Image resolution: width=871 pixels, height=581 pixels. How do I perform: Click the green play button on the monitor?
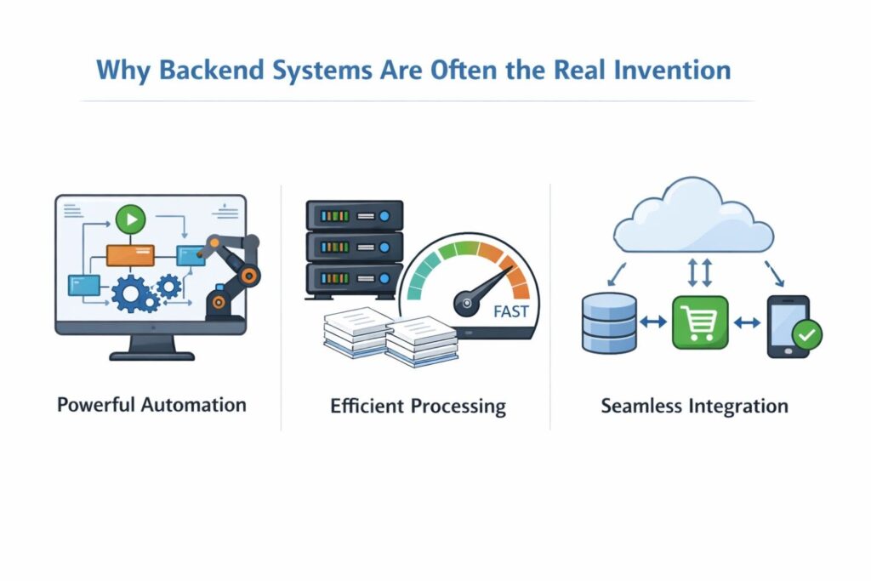click(x=130, y=220)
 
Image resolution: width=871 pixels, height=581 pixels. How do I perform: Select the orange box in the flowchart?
click(x=130, y=254)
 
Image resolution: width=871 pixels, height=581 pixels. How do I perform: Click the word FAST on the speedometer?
click(x=510, y=311)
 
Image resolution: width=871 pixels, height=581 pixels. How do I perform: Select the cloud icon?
click(x=692, y=216)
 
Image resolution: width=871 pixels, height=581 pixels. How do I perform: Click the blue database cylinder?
click(x=609, y=322)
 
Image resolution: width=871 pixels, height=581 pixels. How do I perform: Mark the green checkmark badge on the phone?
click(x=806, y=337)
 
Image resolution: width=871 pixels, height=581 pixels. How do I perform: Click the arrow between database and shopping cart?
click(x=654, y=322)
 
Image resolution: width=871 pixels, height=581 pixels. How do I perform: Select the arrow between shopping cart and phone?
click(x=746, y=322)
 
